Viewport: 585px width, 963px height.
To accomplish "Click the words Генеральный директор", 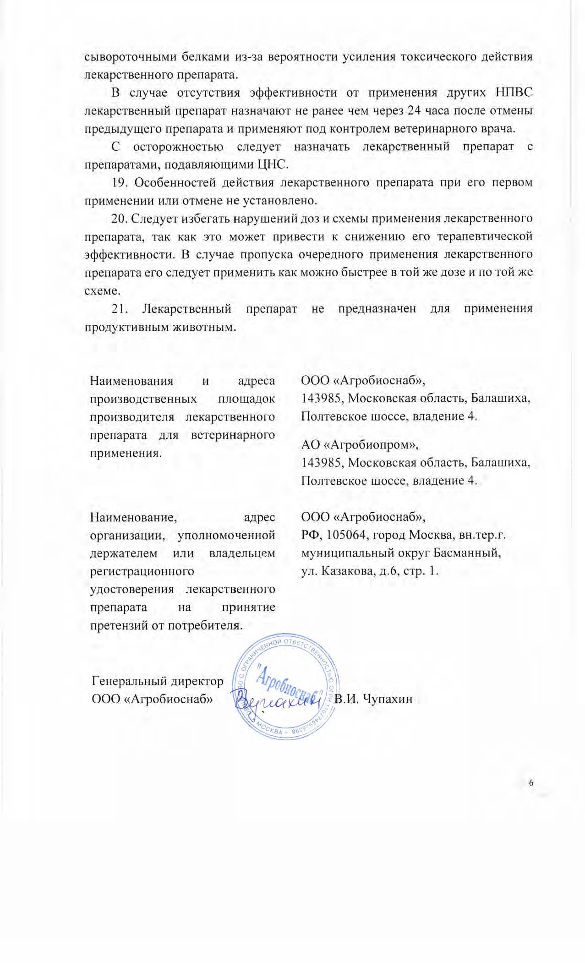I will pos(158,681).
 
